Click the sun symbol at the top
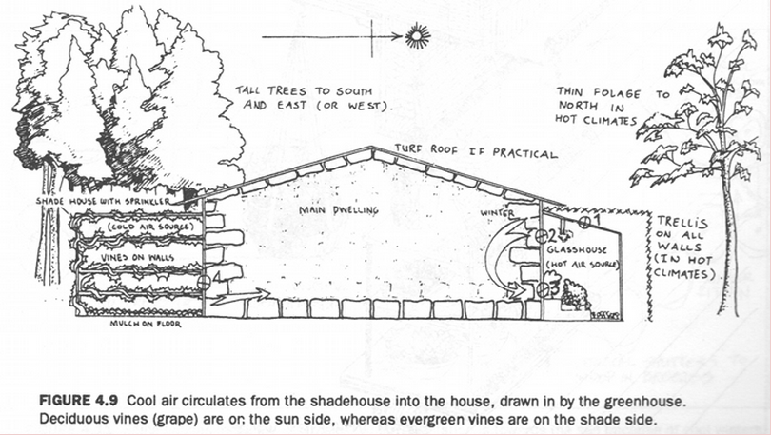pyautogui.click(x=416, y=38)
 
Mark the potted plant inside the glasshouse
pyautogui.click(x=574, y=296)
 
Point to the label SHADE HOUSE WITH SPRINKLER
pyautogui.click(x=105, y=202)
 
